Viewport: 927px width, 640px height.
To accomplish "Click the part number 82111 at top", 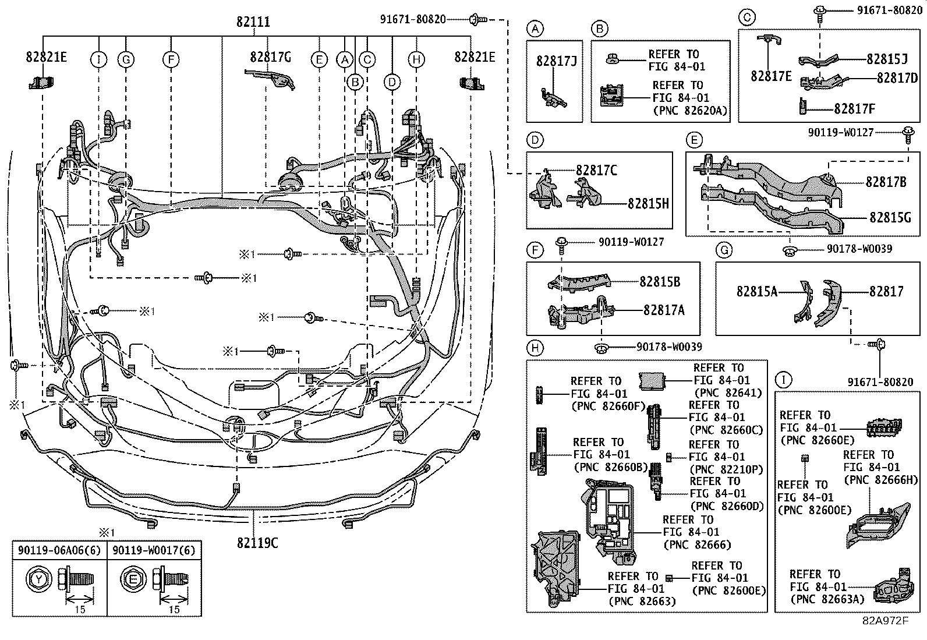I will (253, 22).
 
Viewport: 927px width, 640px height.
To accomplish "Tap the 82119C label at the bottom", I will (257, 543).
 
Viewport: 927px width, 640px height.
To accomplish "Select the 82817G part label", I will (270, 57).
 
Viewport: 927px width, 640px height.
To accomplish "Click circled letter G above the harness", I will (126, 59).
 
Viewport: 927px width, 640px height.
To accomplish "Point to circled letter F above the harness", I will (171, 59).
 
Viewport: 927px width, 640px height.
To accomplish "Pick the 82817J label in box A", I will (556, 60).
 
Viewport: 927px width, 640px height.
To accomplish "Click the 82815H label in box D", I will (648, 203).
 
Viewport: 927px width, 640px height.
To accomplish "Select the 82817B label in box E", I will (886, 182).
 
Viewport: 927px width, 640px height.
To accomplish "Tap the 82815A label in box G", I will (756, 291).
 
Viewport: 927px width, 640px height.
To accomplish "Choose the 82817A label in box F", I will (664, 310).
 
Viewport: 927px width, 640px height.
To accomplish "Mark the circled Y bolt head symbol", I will (38, 580).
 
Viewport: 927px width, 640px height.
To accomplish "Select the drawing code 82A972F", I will (885, 620).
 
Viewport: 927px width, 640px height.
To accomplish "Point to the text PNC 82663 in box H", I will (642, 601).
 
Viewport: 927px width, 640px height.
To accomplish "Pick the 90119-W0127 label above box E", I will (840, 133).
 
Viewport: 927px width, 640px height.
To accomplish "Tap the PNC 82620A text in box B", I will (691, 111).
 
